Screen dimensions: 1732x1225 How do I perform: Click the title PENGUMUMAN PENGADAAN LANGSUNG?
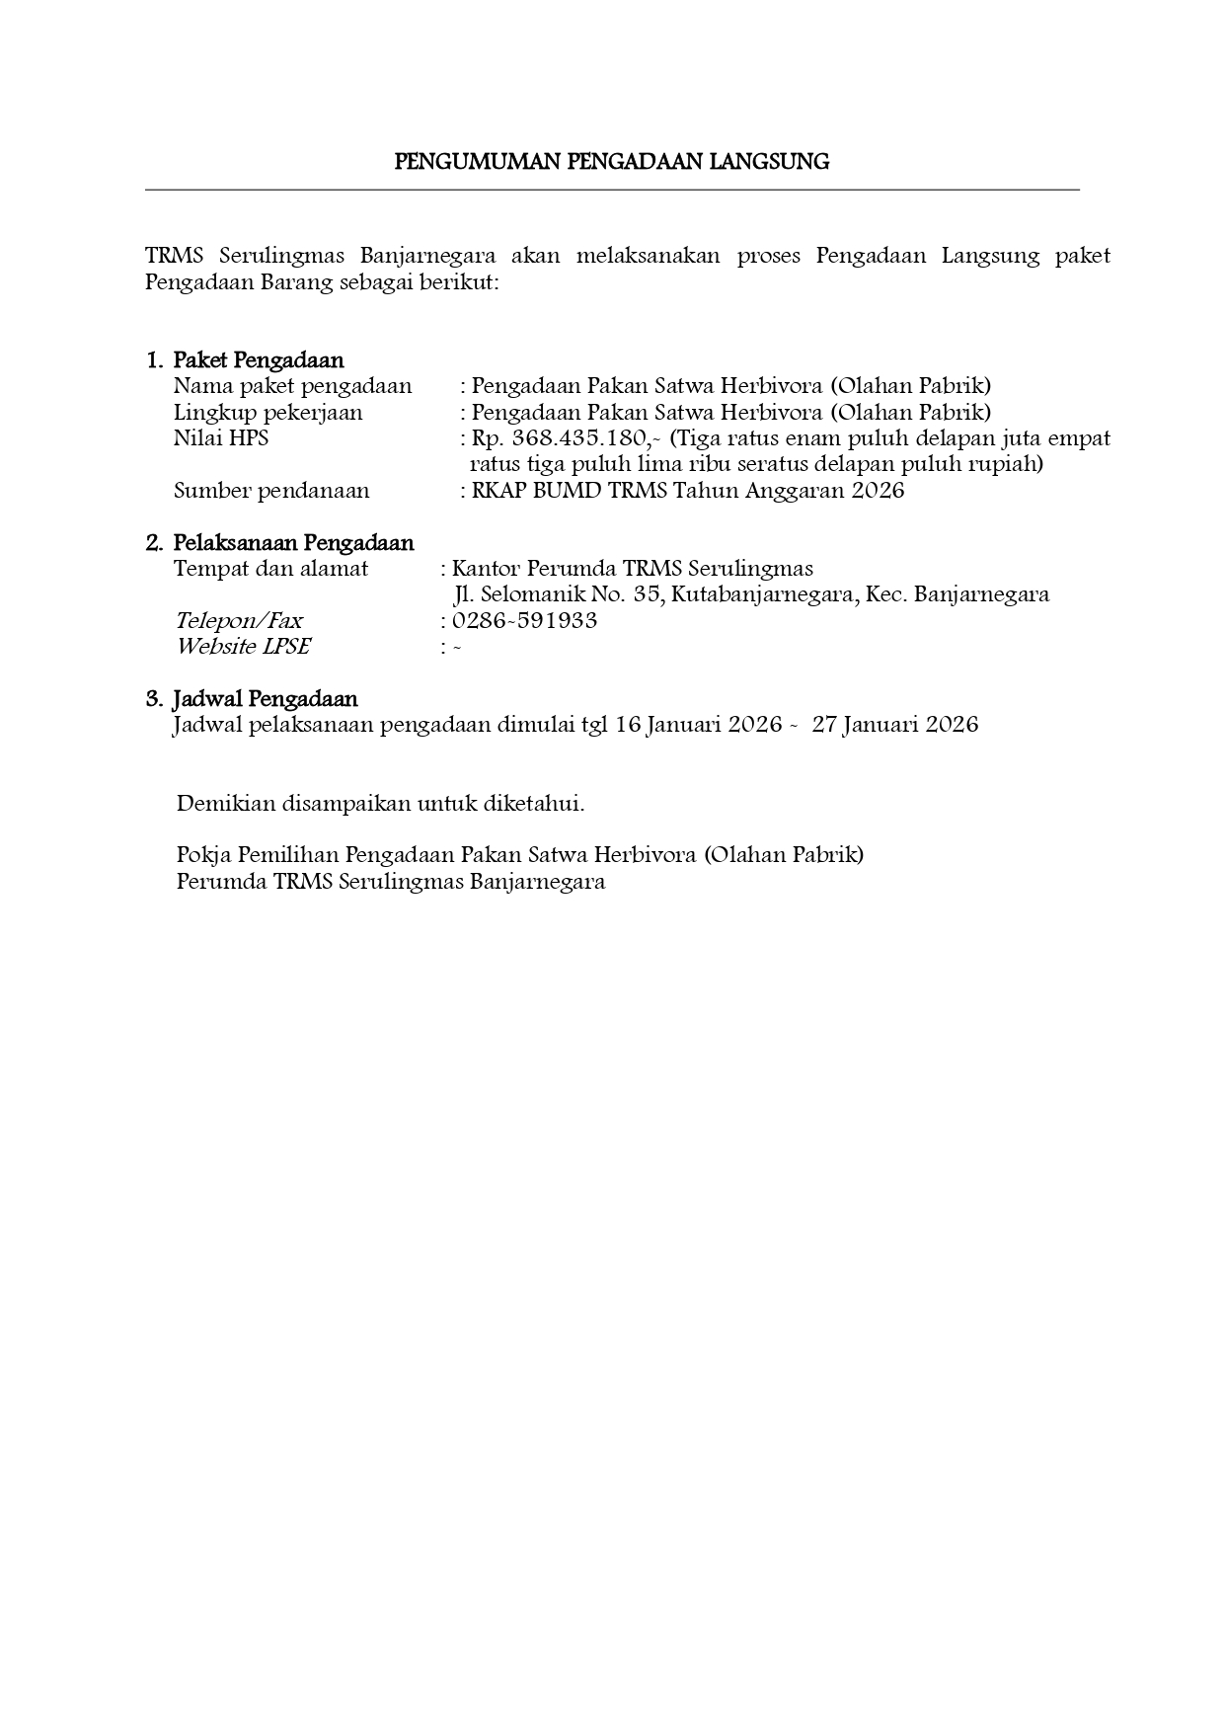[611, 162]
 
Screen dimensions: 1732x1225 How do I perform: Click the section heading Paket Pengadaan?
[259, 360]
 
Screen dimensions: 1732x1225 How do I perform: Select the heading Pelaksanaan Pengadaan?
[293, 543]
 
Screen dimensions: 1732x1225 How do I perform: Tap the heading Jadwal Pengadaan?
[265, 699]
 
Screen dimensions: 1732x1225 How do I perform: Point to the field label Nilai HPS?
[221, 438]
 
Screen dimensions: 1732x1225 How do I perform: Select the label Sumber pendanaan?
[271, 491]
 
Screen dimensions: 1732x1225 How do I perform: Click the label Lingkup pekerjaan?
[268, 413]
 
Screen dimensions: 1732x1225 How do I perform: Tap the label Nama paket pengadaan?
[292, 386]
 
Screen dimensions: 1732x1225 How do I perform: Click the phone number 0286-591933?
[524, 621]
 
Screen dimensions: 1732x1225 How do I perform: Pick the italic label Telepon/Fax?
[238, 621]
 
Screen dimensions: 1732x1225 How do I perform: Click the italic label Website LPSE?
[243, 647]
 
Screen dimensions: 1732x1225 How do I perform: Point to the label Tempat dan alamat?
[270, 569]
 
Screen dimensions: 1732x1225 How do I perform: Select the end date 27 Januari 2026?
[894, 725]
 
